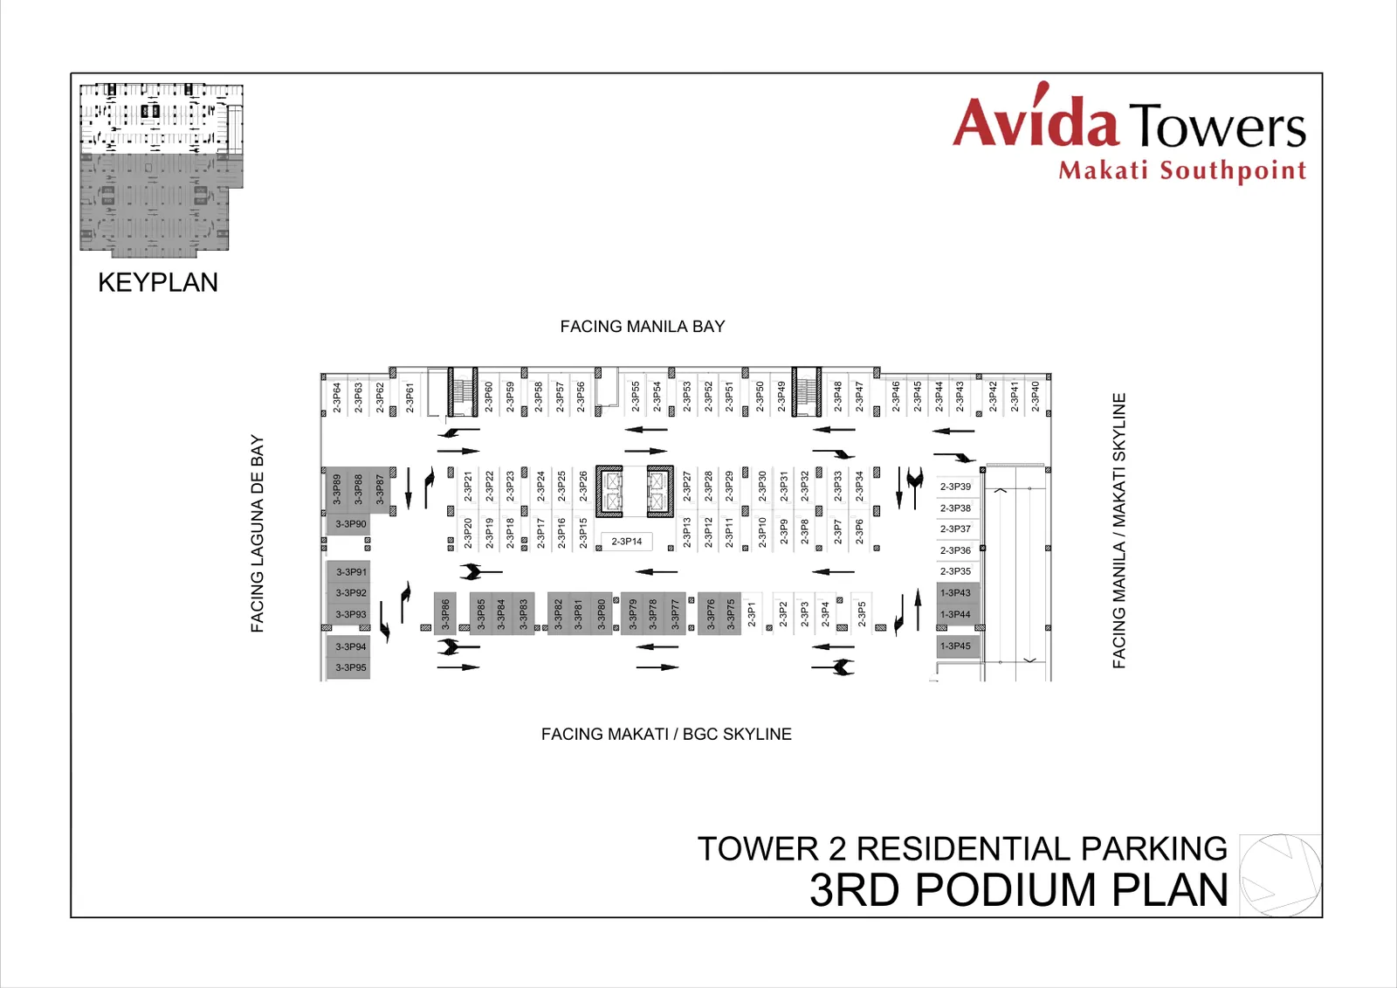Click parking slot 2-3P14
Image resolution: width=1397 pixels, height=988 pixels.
coord(626,541)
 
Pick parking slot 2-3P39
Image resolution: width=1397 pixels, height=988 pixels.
coord(956,487)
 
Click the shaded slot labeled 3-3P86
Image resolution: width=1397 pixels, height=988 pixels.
coord(444,613)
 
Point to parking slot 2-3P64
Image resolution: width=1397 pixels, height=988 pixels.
coord(337,397)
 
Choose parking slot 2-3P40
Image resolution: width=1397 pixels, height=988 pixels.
coord(1036,397)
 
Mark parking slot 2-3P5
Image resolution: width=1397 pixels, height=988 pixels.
coord(861,613)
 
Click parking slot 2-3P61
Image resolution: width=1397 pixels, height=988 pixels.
coord(409,397)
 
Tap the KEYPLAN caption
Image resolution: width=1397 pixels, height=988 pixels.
coord(158,283)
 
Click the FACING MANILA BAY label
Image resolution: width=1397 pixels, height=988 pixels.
coord(643,327)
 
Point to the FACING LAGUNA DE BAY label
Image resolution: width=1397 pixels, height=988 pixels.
coord(257,534)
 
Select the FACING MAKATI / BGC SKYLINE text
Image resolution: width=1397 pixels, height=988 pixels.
coord(666,734)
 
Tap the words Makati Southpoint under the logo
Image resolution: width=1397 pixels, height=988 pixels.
coord(1182,171)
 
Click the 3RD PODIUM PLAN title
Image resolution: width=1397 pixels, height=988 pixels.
coord(1018,890)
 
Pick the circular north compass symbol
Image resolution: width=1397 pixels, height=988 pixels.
coord(1280,874)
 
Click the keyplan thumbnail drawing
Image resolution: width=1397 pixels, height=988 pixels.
coord(162,170)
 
